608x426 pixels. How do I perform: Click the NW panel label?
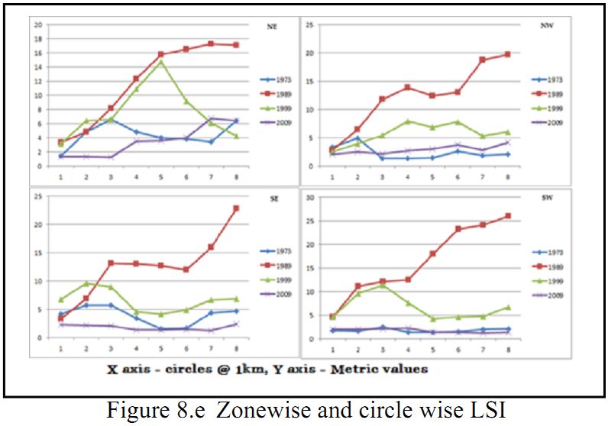545,27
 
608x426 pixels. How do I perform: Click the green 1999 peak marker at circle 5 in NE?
161,61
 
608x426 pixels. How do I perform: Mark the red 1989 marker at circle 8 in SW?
529,216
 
